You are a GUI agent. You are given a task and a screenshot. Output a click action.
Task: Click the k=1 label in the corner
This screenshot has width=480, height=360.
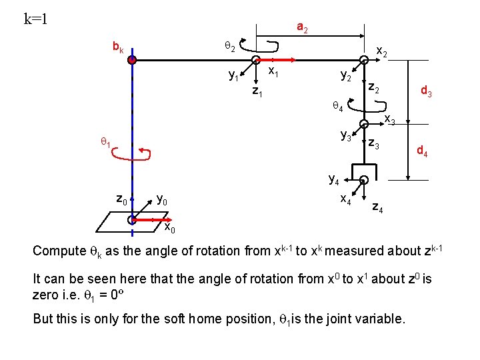(x=35, y=19)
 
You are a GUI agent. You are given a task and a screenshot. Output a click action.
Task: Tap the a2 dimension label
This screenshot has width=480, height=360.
(x=302, y=28)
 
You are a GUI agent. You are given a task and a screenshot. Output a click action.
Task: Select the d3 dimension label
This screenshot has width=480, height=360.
(x=426, y=92)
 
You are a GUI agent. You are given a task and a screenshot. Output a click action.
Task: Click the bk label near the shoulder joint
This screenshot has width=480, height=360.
(x=117, y=48)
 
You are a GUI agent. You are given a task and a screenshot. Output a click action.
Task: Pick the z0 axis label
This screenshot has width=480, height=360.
(x=121, y=198)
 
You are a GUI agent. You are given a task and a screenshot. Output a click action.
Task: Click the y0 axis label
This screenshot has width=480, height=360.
(x=162, y=199)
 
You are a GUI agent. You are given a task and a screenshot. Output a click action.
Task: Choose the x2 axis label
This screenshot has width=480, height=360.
(x=383, y=51)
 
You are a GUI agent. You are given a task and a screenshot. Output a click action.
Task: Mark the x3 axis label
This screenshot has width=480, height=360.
(x=390, y=120)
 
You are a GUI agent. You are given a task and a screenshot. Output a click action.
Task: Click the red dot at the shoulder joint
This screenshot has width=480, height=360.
(x=133, y=60)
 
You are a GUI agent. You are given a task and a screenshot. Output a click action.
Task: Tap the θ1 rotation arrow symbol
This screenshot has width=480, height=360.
(x=132, y=155)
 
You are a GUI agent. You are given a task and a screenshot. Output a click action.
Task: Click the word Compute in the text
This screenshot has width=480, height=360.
(x=60, y=251)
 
